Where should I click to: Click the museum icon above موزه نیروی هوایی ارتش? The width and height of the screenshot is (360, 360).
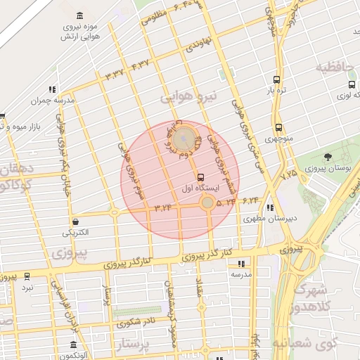tap(78, 15)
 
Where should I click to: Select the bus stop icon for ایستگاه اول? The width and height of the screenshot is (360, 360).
tap(202, 177)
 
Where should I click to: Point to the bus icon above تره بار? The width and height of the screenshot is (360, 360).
tap(276, 80)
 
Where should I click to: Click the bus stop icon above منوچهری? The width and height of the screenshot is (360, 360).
tap(279, 128)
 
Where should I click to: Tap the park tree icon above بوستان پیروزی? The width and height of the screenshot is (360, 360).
tap(328, 157)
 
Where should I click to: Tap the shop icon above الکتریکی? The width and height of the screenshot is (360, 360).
tap(75, 221)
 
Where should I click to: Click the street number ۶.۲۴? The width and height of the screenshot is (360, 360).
tap(251, 201)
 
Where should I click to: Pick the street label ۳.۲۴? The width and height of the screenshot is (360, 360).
tap(163, 207)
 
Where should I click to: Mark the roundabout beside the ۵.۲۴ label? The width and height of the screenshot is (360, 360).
tap(207, 203)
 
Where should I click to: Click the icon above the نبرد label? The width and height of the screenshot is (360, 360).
tap(27, 276)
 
